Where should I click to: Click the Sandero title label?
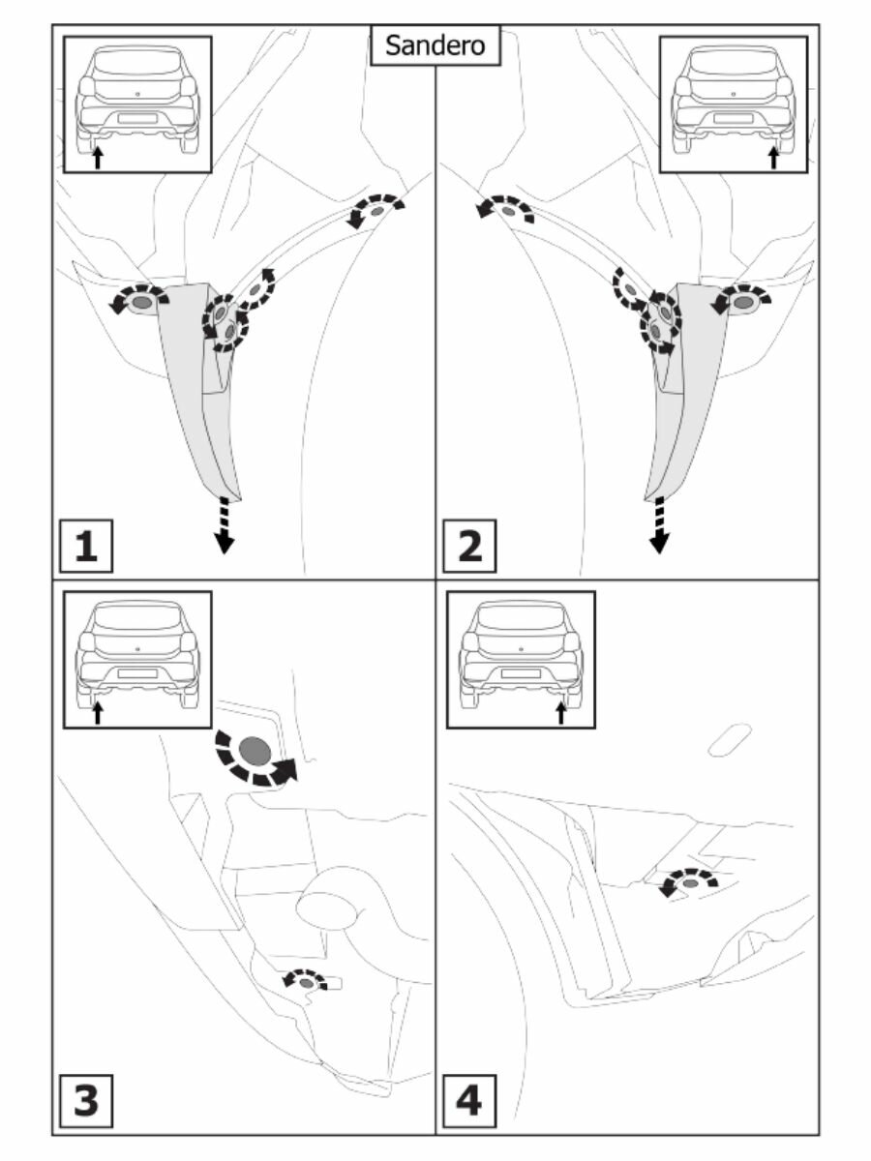[435, 45]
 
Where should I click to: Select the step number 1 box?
[87, 548]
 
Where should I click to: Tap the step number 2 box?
[469, 548]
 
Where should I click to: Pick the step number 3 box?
[87, 1101]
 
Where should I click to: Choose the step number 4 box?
[469, 1101]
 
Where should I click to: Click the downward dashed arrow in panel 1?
[225, 525]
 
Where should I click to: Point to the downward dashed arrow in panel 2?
[659, 525]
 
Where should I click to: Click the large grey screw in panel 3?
[255, 750]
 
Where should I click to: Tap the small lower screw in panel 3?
[307, 983]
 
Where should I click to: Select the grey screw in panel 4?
[690, 882]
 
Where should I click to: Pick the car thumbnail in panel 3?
[136, 659]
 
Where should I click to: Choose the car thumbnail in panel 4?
[521, 659]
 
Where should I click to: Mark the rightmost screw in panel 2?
[743, 303]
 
